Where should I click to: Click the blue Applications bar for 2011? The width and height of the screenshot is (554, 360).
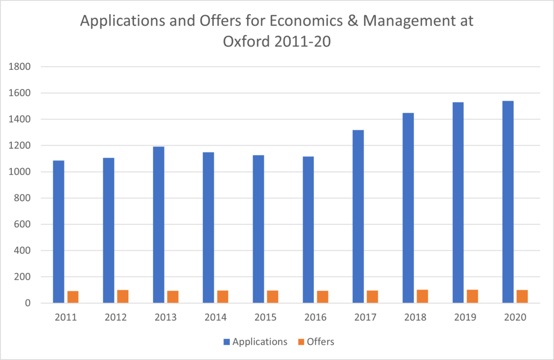coord(58,232)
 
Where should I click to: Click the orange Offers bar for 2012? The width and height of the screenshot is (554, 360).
coord(123,296)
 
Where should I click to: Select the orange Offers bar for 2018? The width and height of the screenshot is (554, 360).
coord(422,296)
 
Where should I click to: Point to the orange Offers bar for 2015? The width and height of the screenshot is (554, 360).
coord(272,297)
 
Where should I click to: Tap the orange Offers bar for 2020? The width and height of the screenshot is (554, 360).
coord(522,296)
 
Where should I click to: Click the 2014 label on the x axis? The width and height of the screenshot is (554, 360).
coord(215,317)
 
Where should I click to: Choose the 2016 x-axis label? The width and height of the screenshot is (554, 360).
coord(315,317)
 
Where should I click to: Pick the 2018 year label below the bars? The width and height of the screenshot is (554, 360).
coord(415,317)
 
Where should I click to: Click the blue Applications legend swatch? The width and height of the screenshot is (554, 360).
coord(227,342)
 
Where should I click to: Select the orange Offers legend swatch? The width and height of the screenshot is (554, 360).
coord(301,342)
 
